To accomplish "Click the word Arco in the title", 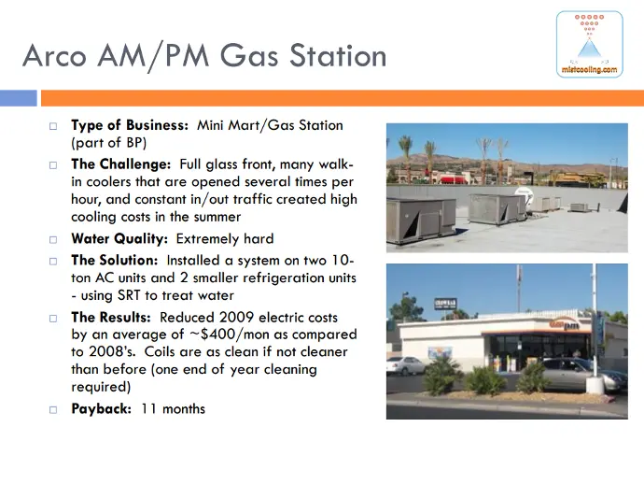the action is click(x=55, y=56).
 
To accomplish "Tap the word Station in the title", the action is click(x=338, y=55).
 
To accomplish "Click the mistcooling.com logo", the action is click(x=589, y=45).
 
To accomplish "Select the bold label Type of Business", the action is click(x=130, y=125).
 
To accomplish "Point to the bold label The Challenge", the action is click(x=120, y=164).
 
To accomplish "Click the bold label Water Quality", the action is click(x=119, y=238).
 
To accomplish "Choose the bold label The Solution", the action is click(x=114, y=261).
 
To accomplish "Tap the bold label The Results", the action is click(x=111, y=318).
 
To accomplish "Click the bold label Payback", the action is click(x=101, y=408).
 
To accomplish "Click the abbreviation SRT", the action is click(x=129, y=295).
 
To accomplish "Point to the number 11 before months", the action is click(x=148, y=408).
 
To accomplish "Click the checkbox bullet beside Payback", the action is click(x=53, y=410).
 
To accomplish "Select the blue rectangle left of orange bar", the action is click(x=19, y=98).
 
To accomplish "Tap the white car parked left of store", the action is click(x=406, y=365).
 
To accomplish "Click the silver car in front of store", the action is click(x=583, y=374).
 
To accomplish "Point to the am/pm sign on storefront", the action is click(x=565, y=325).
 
